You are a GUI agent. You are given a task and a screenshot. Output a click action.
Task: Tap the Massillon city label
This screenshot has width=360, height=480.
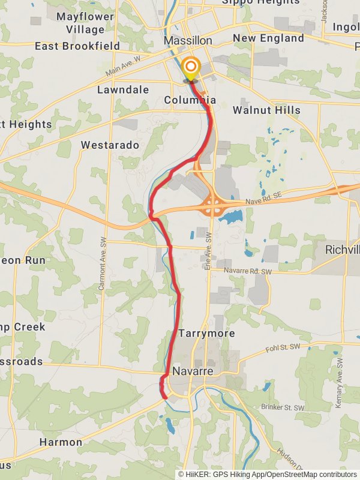(188, 40)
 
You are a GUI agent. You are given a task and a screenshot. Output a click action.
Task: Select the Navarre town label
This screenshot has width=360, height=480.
(193, 371)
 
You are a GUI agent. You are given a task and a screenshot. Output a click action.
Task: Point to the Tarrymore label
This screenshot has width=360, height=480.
(206, 333)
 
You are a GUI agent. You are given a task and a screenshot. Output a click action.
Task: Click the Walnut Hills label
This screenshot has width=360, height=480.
(266, 110)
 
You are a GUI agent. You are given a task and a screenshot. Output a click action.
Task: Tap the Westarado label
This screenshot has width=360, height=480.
(110, 145)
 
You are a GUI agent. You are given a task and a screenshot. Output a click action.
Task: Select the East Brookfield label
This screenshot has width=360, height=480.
(77, 46)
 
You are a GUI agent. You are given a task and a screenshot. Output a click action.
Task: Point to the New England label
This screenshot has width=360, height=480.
(268, 38)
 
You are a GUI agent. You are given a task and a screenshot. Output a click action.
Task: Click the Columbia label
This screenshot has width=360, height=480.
(190, 100)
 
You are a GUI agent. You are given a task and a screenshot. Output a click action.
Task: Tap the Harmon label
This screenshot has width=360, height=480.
(61, 442)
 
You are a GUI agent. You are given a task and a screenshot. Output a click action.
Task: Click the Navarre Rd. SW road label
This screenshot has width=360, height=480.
(248, 272)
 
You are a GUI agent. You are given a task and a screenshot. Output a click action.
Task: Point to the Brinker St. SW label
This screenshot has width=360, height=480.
(283, 407)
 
